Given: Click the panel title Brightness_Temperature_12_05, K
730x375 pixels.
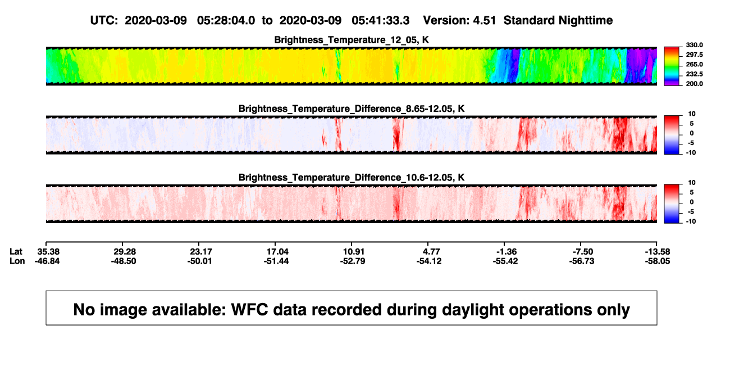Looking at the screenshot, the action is click(352, 40).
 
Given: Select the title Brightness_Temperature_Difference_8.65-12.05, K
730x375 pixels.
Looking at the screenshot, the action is click(352, 109).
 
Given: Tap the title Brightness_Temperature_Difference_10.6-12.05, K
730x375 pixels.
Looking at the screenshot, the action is click(352, 178).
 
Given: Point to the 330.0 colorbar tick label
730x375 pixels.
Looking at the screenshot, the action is click(694, 45).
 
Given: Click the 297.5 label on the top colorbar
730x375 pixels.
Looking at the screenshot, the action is click(694, 55).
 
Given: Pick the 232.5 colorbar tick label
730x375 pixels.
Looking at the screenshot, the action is click(694, 74).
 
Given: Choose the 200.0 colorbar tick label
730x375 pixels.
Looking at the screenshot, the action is click(694, 84).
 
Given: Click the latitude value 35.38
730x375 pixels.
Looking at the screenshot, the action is click(48, 252).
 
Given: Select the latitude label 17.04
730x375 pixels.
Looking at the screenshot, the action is click(277, 252).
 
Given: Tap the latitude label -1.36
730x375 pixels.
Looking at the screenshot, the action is click(507, 252).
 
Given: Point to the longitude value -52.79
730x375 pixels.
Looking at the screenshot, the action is click(353, 261).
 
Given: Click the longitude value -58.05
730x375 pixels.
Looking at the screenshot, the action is click(658, 261).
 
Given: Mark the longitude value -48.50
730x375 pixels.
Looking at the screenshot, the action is click(124, 261).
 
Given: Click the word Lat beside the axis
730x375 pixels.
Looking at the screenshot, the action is click(16, 252).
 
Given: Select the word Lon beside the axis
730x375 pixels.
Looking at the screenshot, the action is click(17, 261).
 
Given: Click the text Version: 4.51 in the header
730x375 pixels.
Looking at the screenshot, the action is click(459, 20).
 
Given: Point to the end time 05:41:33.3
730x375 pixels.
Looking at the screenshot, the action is click(381, 20).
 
